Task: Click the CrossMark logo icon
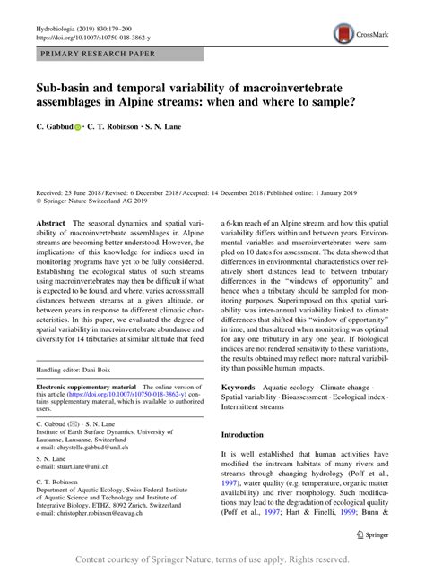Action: [344, 34]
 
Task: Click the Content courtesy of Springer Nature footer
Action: [212, 559]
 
